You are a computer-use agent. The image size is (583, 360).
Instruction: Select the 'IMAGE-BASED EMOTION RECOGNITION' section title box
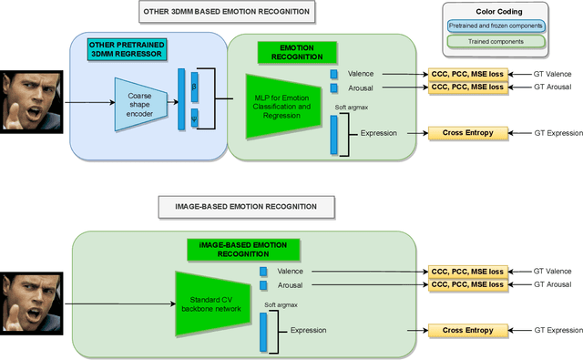pos(240,207)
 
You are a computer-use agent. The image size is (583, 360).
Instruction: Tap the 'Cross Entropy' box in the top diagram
pos(467,134)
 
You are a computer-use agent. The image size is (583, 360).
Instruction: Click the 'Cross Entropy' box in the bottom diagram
pos(467,330)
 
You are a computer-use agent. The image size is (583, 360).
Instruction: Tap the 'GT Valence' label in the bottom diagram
pos(552,272)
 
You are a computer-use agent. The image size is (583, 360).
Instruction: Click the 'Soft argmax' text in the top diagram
pos(351,108)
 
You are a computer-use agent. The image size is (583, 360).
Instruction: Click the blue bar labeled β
pos(194,84)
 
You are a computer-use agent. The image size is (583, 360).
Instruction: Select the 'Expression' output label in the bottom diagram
pos(309,330)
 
